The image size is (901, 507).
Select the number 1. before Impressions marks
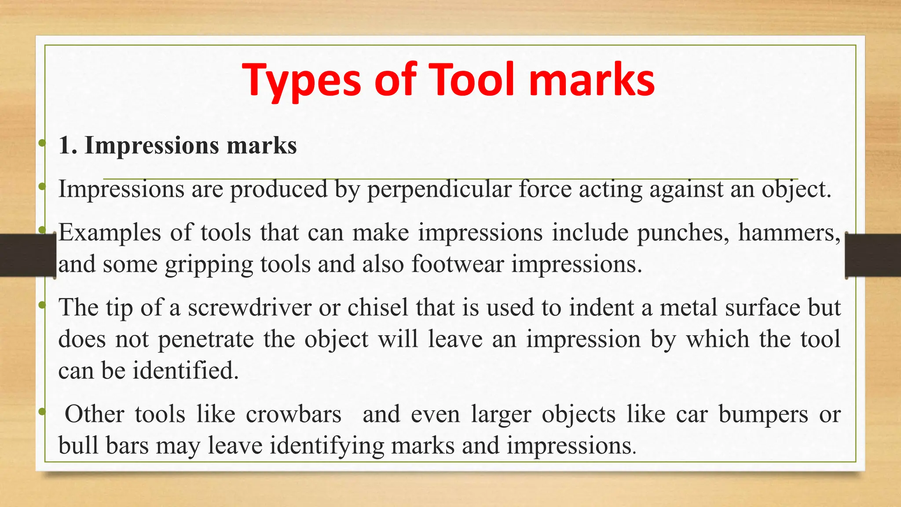(68, 145)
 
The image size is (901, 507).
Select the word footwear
(457, 264)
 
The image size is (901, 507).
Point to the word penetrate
(206, 339)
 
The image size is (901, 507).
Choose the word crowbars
(293, 414)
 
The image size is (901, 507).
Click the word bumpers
(763, 414)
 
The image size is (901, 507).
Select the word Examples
(110, 233)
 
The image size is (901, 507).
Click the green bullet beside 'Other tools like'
(42, 412)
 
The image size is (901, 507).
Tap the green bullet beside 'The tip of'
(42, 305)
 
